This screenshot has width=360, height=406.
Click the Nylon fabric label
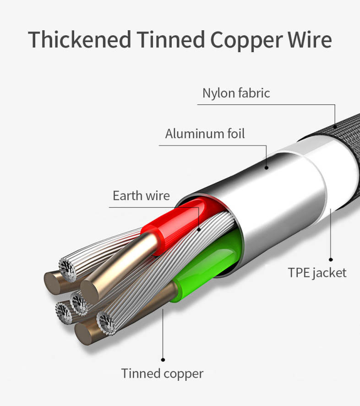click(x=236, y=93)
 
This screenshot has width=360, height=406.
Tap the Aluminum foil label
click(x=205, y=134)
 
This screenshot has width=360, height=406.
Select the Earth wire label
click(x=141, y=196)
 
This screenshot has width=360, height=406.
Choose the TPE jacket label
click(x=317, y=273)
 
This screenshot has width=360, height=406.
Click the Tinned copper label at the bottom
click(x=162, y=373)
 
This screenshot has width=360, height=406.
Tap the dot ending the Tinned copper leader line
click(x=163, y=359)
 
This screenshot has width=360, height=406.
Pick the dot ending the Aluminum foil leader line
click(x=267, y=168)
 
